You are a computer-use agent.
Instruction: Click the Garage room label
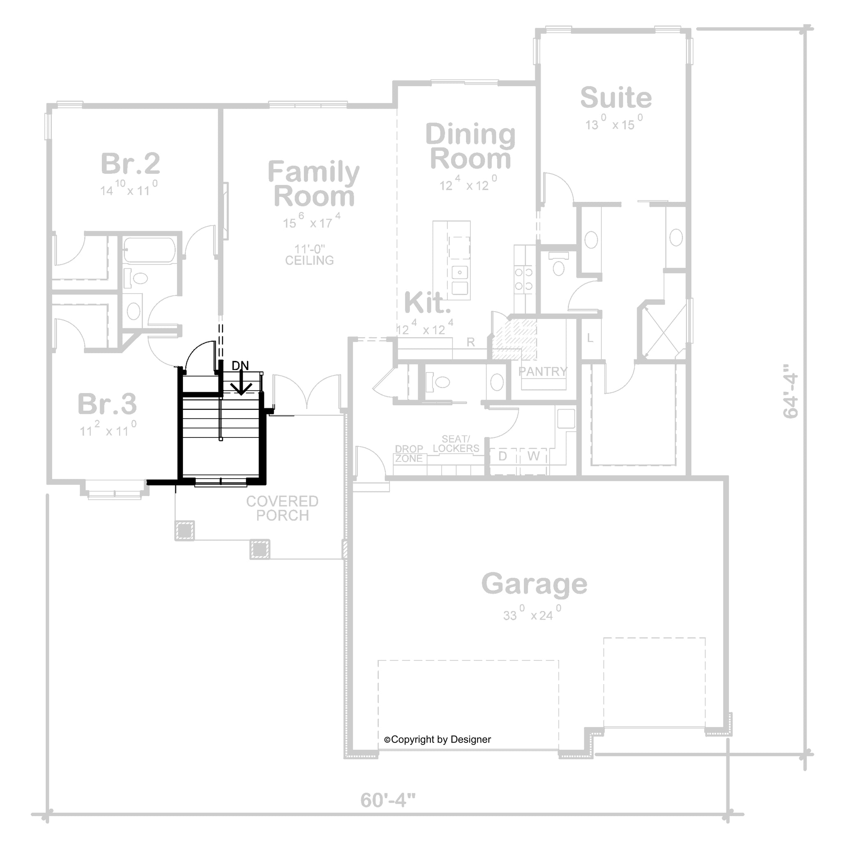click(534, 584)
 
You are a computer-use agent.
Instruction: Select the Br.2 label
click(130, 164)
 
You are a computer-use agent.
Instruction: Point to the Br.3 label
click(107, 404)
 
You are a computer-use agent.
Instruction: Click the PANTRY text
click(543, 371)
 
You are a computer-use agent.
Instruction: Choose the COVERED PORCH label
click(282, 508)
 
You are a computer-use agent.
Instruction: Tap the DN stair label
click(240, 365)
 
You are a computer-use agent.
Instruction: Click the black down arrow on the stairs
click(241, 383)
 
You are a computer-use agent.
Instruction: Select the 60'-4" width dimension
click(388, 800)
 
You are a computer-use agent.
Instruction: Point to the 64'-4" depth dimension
click(791, 391)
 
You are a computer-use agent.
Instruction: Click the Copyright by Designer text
click(437, 739)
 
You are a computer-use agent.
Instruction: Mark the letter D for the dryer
click(502, 456)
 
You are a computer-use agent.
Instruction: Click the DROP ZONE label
click(409, 454)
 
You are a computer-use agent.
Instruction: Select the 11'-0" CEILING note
click(310, 255)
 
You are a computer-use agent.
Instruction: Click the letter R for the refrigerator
click(471, 342)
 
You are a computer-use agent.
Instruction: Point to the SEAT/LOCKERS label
click(456, 443)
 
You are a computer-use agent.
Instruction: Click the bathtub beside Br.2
click(150, 250)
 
